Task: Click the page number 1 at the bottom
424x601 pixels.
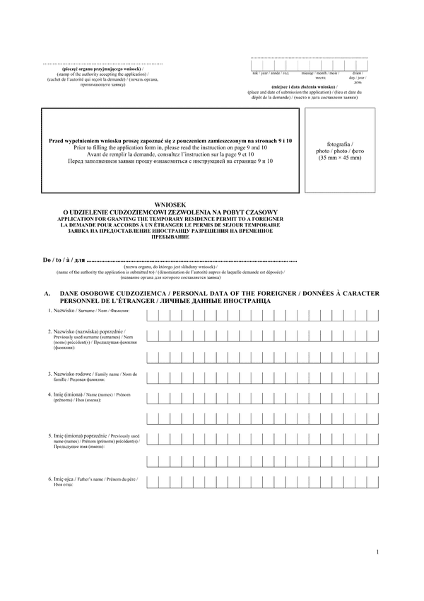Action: point(377,552)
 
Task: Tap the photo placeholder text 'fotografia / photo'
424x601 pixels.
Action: point(339,147)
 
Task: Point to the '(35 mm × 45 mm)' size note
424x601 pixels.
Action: point(339,158)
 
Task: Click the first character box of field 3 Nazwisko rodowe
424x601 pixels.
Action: point(153,376)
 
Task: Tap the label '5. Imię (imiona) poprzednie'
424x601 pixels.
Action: point(93,437)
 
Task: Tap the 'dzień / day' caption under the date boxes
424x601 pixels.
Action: point(356,74)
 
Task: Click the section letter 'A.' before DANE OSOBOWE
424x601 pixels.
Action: point(47,293)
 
